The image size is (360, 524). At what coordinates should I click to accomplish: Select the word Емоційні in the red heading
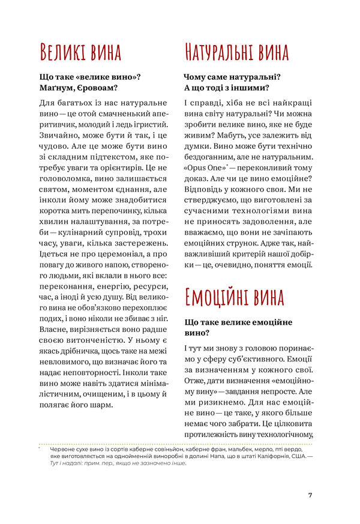click(218, 297)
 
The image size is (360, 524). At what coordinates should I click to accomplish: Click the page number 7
click(310, 495)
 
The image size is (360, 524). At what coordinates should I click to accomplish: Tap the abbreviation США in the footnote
click(296, 457)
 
